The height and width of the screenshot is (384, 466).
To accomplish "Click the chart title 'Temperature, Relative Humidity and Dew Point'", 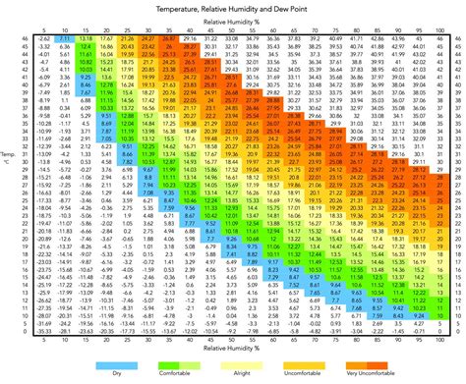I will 233,8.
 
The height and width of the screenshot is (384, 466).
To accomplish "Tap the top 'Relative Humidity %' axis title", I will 233,19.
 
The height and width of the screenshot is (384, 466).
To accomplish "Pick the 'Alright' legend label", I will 234,372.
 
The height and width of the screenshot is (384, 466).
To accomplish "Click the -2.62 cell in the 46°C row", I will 44,38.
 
